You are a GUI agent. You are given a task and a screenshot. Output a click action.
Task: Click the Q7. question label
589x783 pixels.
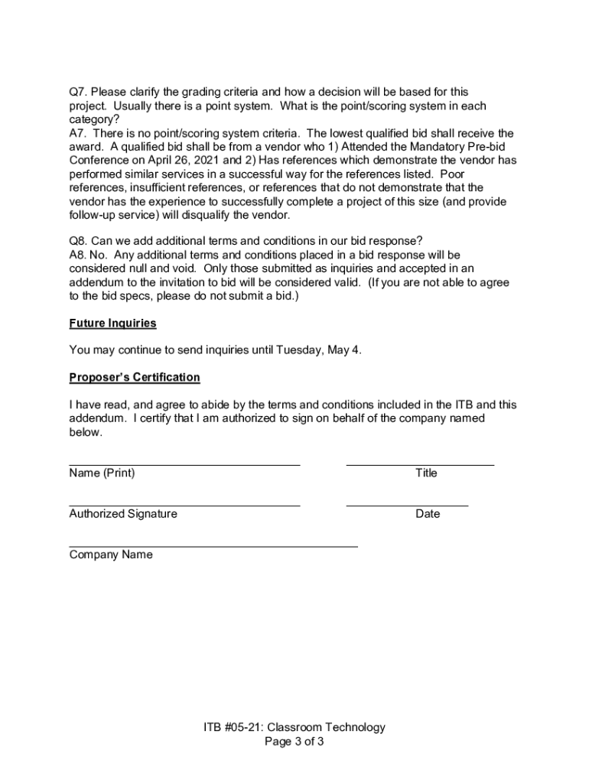click(x=78, y=93)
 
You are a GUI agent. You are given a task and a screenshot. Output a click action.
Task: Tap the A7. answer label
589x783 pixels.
click(x=78, y=133)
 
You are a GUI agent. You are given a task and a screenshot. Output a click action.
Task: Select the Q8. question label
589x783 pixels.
click(x=78, y=241)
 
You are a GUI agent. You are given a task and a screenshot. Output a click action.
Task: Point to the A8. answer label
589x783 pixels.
click(x=78, y=255)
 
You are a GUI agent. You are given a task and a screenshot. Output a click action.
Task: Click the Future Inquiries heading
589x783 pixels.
click(x=112, y=323)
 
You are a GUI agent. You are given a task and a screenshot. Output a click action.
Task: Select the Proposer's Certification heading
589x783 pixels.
click(x=135, y=378)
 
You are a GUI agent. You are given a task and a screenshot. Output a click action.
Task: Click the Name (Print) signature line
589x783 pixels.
click(x=184, y=463)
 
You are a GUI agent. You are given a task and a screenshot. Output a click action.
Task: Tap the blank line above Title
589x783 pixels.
click(x=420, y=463)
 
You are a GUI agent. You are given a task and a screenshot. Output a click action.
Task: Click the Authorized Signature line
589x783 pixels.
click(x=184, y=505)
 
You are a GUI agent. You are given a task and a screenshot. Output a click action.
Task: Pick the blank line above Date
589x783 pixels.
click(x=407, y=505)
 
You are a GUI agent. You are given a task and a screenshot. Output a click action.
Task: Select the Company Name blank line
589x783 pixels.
click(x=213, y=546)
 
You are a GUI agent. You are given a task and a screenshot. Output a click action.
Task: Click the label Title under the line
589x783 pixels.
click(x=426, y=473)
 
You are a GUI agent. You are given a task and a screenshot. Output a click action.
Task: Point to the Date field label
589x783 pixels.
click(x=428, y=514)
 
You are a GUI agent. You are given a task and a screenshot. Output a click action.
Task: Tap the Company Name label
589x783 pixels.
click(x=111, y=555)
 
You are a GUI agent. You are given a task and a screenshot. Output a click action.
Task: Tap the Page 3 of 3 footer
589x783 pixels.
click(x=294, y=742)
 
